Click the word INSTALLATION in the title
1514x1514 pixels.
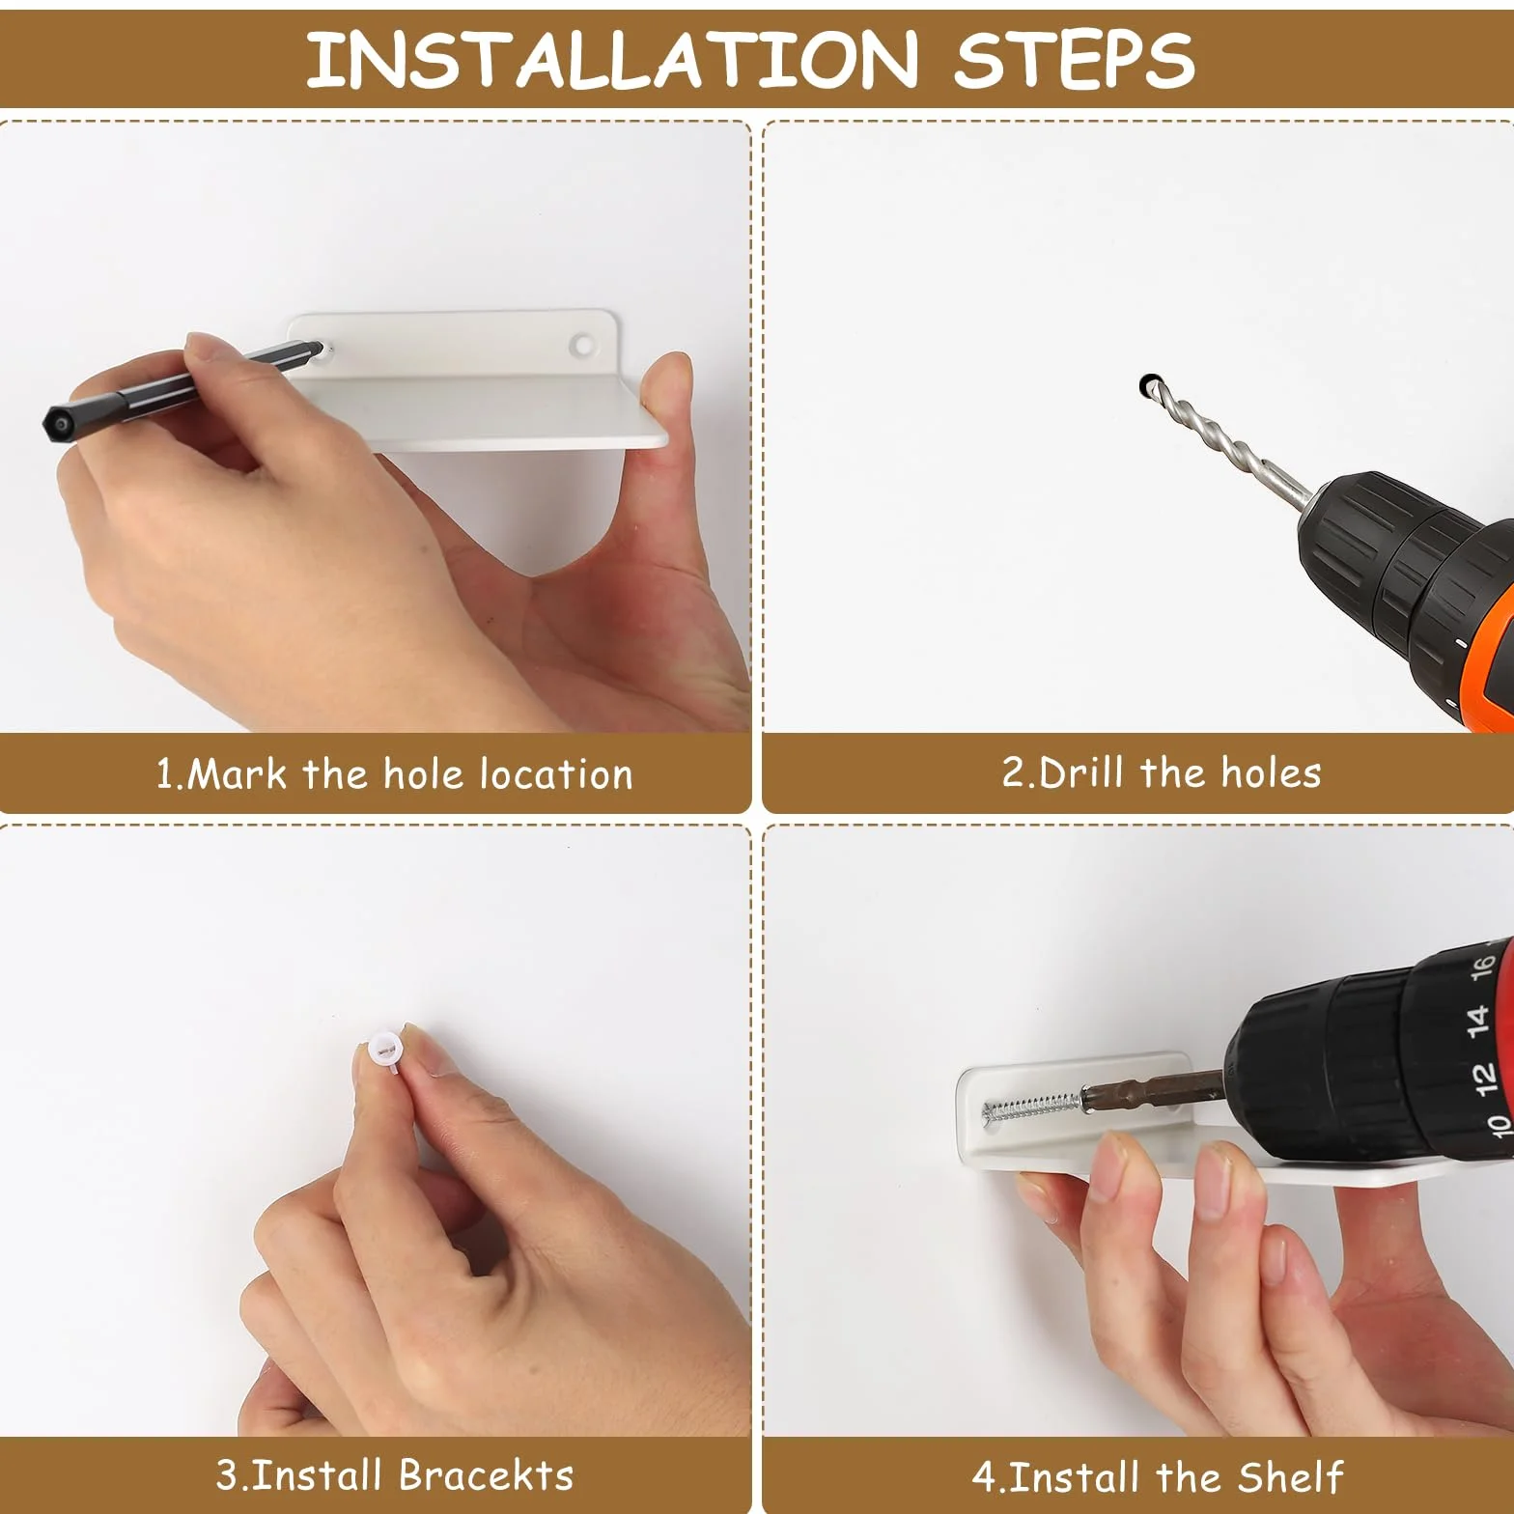610,59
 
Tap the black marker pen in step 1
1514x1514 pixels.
182,385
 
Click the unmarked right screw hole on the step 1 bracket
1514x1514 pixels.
582,343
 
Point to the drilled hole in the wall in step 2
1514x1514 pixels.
1148,385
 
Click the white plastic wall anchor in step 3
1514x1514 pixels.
382,1048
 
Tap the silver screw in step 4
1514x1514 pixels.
1032,1105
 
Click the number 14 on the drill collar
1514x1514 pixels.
1477,1020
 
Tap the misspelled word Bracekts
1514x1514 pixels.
486,1475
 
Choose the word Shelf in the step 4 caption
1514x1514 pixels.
1292,1476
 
